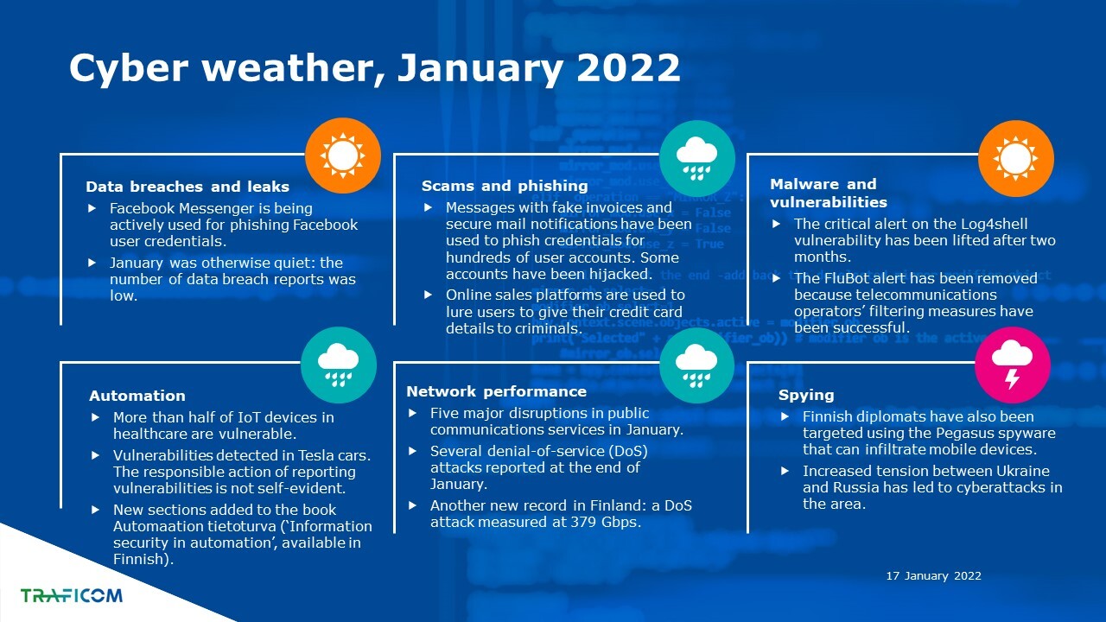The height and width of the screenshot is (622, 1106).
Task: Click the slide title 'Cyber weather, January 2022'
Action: tap(375, 67)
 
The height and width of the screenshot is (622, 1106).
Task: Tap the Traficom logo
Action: tap(72, 595)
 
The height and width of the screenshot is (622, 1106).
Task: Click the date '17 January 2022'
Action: tap(934, 575)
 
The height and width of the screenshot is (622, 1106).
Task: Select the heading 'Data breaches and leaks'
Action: tap(188, 187)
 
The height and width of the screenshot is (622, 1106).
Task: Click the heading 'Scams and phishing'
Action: tap(505, 186)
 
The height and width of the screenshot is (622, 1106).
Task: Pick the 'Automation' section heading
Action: tap(137, 396)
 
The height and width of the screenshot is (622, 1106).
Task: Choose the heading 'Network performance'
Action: tap(496, 391)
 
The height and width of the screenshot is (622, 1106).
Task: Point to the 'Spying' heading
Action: tap(806, 395)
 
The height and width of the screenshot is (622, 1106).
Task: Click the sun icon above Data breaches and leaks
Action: tap(343, 155)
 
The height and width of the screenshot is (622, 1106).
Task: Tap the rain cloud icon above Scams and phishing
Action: tap(696, 158)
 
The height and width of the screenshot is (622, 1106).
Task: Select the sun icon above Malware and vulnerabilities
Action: tap(1015, 158)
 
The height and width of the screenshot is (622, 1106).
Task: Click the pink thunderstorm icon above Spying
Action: tap(1012, 365)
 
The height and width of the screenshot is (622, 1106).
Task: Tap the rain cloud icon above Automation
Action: tap(338, 365)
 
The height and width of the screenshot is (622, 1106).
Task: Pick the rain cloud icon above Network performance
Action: tap(696, 365)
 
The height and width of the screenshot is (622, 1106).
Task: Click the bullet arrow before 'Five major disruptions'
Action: tap(413, 413)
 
